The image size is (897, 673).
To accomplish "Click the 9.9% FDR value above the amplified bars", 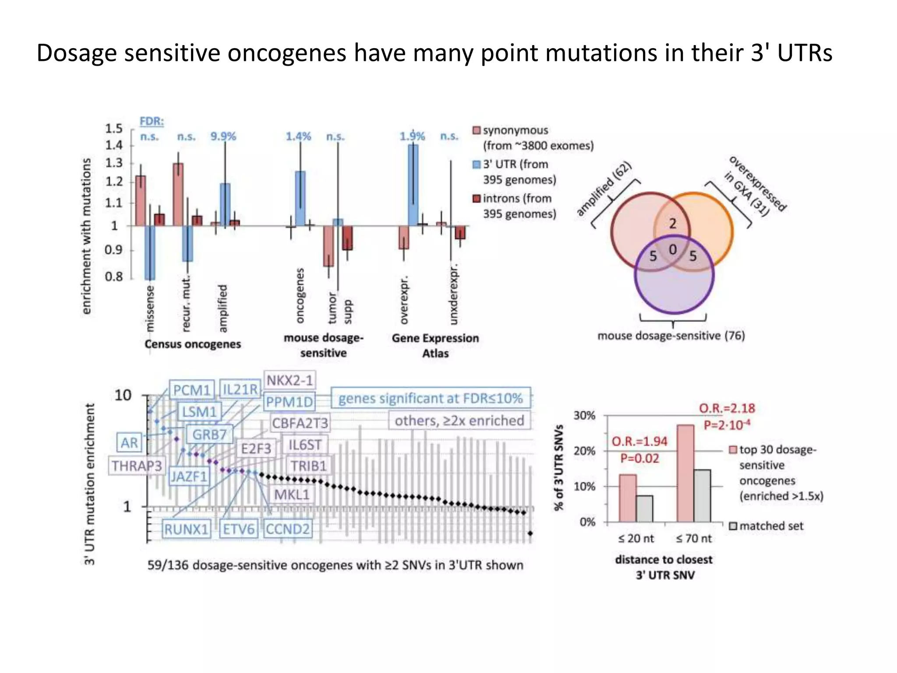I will coord(223,136).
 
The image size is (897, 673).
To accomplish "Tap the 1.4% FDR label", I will coord(298,136).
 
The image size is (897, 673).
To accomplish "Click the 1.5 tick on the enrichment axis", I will coord(114,128).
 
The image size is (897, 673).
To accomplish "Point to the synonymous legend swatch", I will coord(477,131).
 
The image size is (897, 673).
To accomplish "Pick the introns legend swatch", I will coord(477,199).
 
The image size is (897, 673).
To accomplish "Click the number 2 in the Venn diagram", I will coord(672,224).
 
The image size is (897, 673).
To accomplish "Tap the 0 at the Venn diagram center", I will coord(672,250).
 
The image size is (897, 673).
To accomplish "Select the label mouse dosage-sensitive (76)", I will coord(671,336).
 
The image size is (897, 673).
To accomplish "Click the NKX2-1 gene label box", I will coord(290,380).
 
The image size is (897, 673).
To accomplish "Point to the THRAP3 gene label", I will coord(136,466).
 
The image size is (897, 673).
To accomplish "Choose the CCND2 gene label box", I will coord(288,529).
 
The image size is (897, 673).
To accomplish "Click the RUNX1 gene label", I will coord(186,529).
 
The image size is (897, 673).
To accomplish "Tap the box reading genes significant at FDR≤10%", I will coord(431,398).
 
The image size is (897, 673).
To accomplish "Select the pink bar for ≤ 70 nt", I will coord(685,473).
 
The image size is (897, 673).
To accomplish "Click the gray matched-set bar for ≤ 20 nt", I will coord(644,509).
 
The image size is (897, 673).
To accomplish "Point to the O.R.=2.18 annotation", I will coord(727,408).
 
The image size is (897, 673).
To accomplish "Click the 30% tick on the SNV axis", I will coord(584,415).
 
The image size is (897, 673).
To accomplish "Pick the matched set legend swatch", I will coord(733,526).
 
